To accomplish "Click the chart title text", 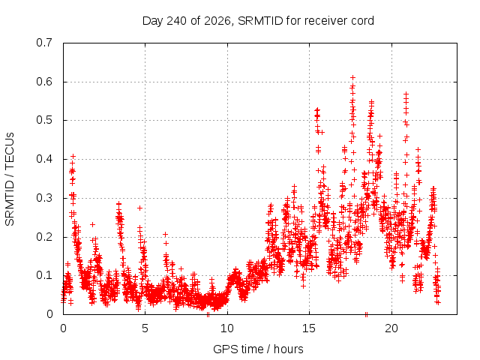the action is click(258, 21).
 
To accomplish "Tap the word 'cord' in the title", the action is click(362, 21).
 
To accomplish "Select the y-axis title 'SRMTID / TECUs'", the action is click(10, 179).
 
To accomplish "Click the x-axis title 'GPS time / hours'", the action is click(258, 349).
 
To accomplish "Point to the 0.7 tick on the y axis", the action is click(44, 43).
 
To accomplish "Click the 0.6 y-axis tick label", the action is click(44, 82).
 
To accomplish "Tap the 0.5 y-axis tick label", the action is click(44, 120).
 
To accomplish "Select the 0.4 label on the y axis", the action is click(44, 159).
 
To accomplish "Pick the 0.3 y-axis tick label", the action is click(44, 198).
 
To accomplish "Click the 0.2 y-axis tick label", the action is click(44, 237).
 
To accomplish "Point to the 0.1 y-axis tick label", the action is click(44, 275).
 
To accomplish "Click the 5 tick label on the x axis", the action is click(145, 328).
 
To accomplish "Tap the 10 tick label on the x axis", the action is click(227, 328).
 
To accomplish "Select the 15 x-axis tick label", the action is click(309, 328).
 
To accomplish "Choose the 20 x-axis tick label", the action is click(391, 328).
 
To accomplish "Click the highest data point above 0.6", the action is click(352, 77).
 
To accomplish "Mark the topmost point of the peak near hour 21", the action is click(406, 94).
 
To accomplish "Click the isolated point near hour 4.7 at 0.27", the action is click(139, 208).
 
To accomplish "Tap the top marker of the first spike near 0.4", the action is click(73, 157).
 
